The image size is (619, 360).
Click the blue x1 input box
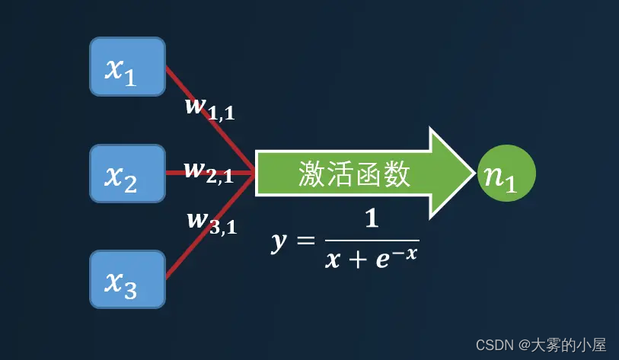[127, 67]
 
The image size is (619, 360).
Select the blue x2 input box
[127, 174]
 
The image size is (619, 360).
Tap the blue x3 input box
[127, 279]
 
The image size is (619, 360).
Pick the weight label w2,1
[209, 171]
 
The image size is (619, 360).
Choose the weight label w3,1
[212, 221]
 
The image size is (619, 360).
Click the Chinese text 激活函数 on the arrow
[354, 174]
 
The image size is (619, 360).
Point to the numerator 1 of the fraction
[372, 220]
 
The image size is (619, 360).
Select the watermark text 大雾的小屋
[574, 346]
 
